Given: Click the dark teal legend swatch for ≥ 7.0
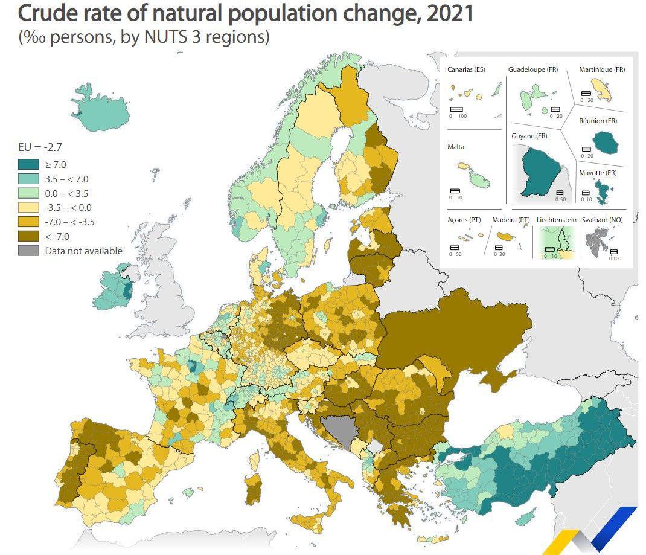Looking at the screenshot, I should [x=29, y=164].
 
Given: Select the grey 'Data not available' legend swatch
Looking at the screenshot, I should [x=29, y=251].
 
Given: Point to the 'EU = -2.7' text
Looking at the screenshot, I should [x=40, y=147].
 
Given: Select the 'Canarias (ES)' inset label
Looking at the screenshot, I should [x=466, y=70].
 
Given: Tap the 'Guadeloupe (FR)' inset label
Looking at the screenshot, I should [x=533, y=70].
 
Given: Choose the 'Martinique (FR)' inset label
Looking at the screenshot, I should [x=602, y=70].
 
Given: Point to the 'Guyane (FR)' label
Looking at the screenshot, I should [x=529, y=136].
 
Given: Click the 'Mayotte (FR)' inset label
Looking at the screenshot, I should [x=598, y=173].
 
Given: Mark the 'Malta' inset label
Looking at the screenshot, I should [x=456, y=147].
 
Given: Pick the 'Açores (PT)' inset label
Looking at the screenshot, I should [x=464, y=220].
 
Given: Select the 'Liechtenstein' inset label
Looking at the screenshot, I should [x=556, y=220].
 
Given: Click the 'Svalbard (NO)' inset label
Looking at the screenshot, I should [x=602, y=220].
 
